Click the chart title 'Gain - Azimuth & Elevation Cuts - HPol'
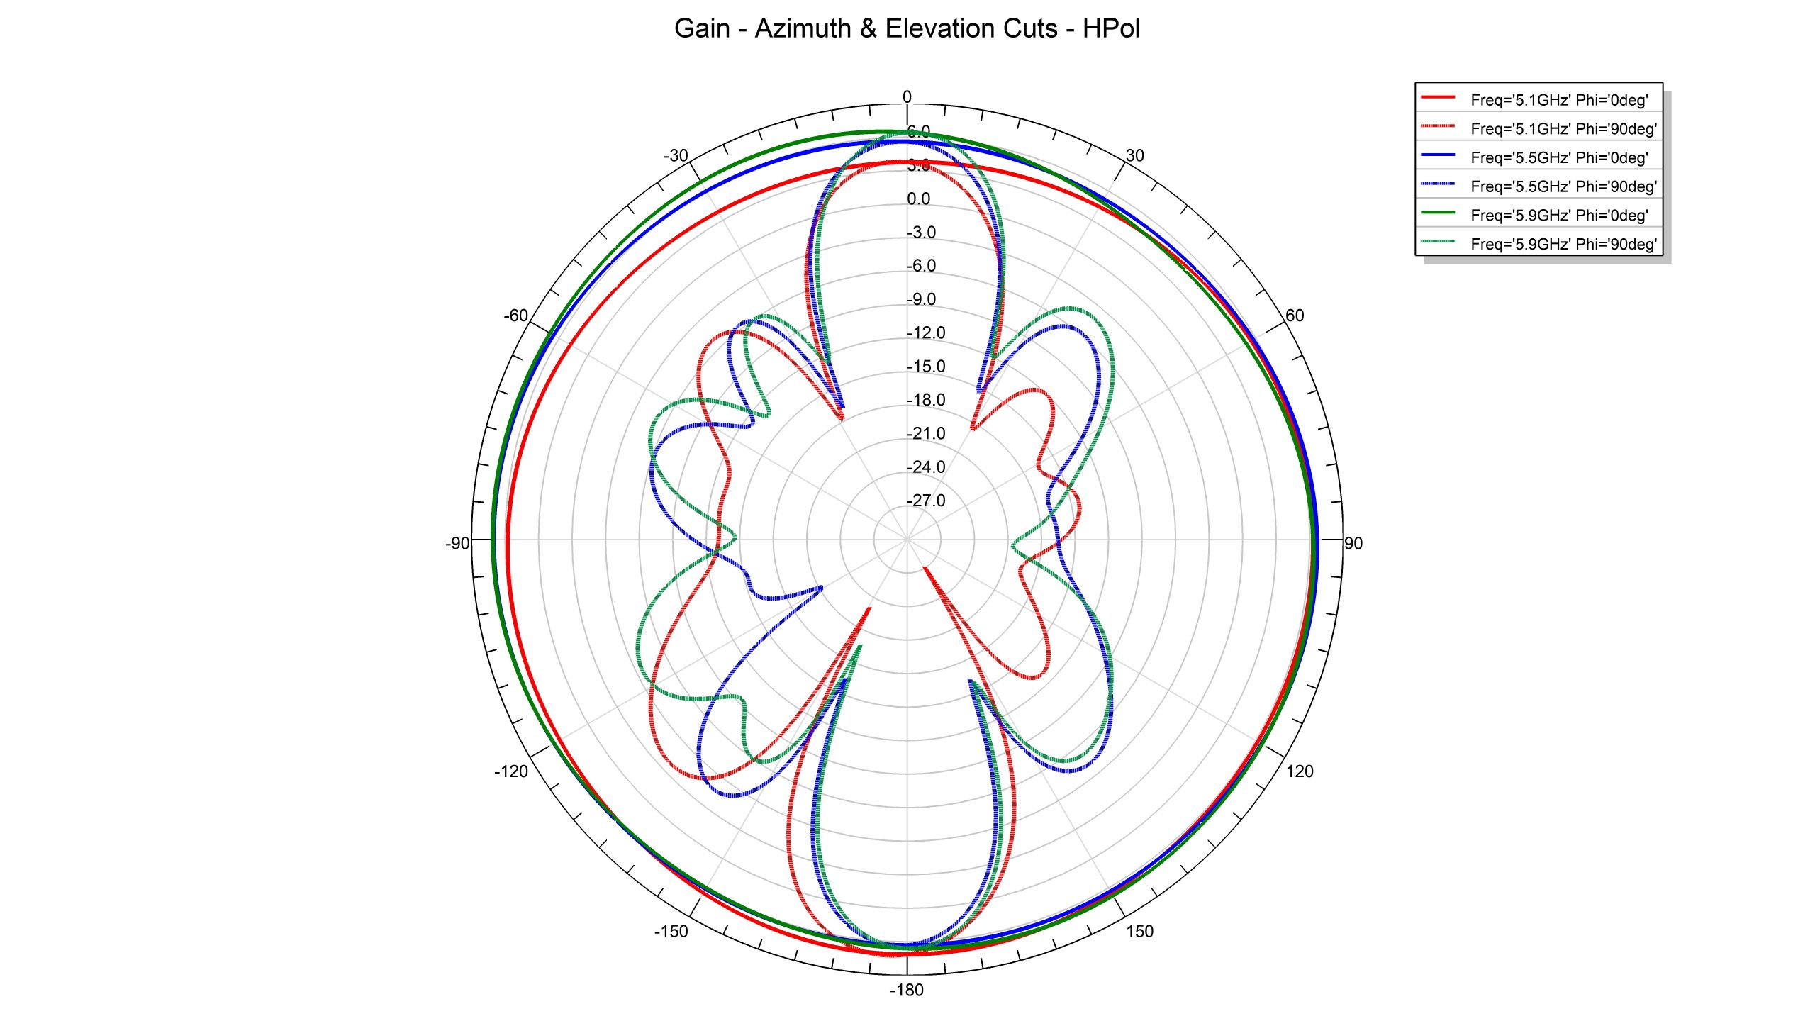tap(907, 29)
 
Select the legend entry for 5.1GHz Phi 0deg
tap(1558, 100)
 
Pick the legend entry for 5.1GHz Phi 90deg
tap(1563, 129)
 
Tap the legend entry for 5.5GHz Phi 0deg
tap(1558, 158)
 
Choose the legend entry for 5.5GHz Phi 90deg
tap(1563, 186)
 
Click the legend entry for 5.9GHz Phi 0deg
tap(1558, 216)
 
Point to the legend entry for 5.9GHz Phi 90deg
tap(1563, 245)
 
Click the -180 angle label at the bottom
tap(907, 990)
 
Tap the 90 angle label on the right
tap(1353, 543)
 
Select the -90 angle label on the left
tap(457, 543)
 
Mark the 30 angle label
tap(1134, 156)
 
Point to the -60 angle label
tap(515, 316)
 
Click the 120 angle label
tap(1300, 771)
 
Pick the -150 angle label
tap(671, 932)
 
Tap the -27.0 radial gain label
tap(926, 501)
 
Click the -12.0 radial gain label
tap(926, 333)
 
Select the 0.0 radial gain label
tap(919, 199)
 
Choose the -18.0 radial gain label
tap(926, 400)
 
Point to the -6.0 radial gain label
tap(922, 266)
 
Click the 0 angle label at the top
tap(907, 97)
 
